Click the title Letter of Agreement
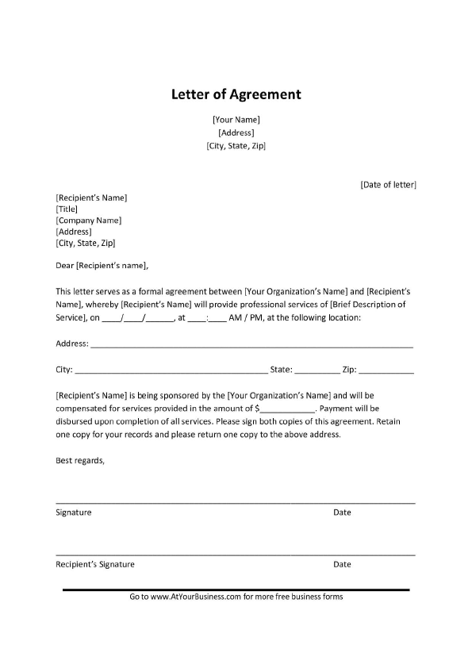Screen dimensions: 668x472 coord(236,94)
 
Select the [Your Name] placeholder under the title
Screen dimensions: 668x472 coord(236,120)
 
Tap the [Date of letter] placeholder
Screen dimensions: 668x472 coord(388,185)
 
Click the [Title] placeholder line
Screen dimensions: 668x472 coord(67,209)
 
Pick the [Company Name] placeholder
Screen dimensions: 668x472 coord(88,221)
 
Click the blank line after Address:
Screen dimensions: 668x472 coord(252,345)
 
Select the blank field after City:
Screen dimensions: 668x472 coord(171,370)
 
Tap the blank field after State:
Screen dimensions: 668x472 coord(317,370)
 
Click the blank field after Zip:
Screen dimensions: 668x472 coord(386,370)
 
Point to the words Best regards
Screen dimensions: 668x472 coord(80,461)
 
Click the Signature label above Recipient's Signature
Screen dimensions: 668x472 coord(74,513)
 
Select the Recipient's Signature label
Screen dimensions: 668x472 coord(95,565)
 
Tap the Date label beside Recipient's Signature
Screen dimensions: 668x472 coord(342,565)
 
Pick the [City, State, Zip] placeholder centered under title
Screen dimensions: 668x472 coord(236,146)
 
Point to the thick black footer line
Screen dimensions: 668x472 coord(236,589)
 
